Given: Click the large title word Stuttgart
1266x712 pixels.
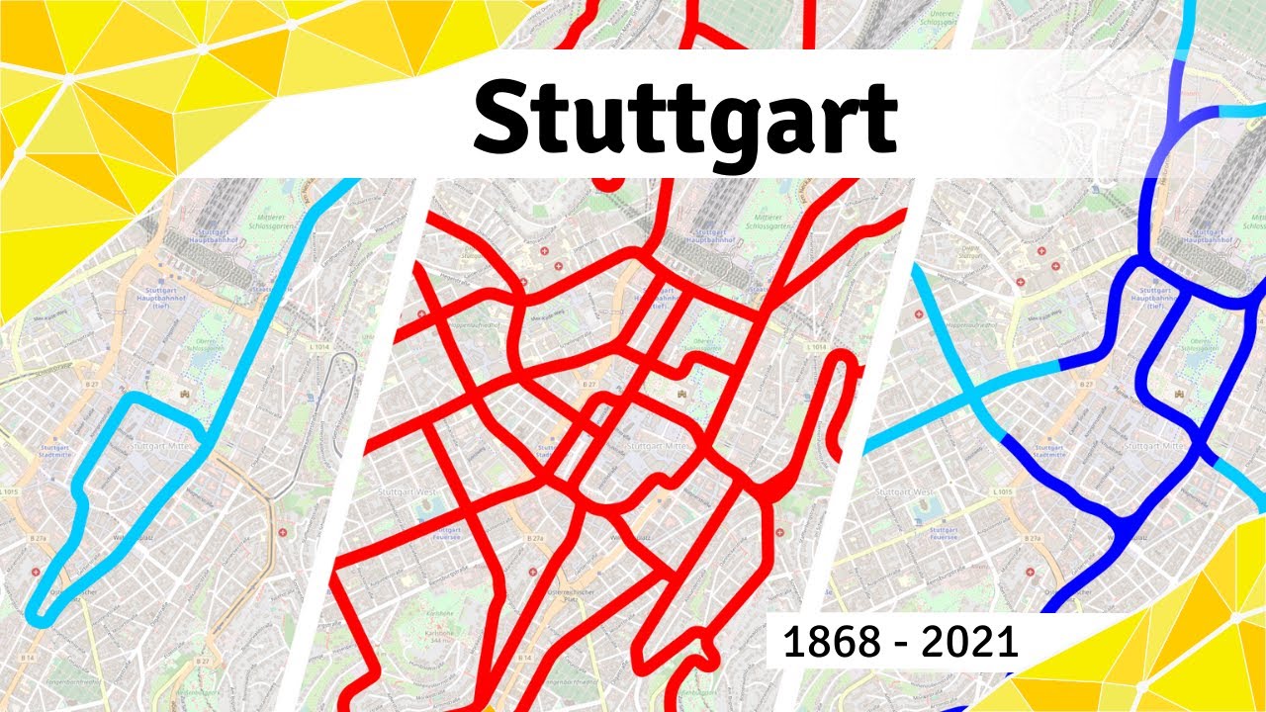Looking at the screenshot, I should click(685, 118).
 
